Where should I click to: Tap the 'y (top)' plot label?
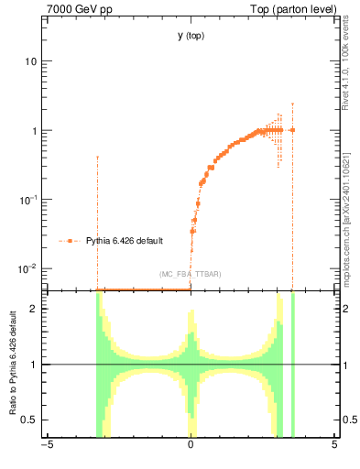191,36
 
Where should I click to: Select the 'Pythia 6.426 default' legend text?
125,241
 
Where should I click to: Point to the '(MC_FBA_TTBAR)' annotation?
191,275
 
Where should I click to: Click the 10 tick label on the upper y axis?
31,61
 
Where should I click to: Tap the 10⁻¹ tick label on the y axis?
29,199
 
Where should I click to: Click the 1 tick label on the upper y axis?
34,131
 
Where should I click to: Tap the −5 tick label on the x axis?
47,446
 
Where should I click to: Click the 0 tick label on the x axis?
191,446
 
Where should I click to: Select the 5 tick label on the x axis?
333,446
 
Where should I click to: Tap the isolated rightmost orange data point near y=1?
292,130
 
